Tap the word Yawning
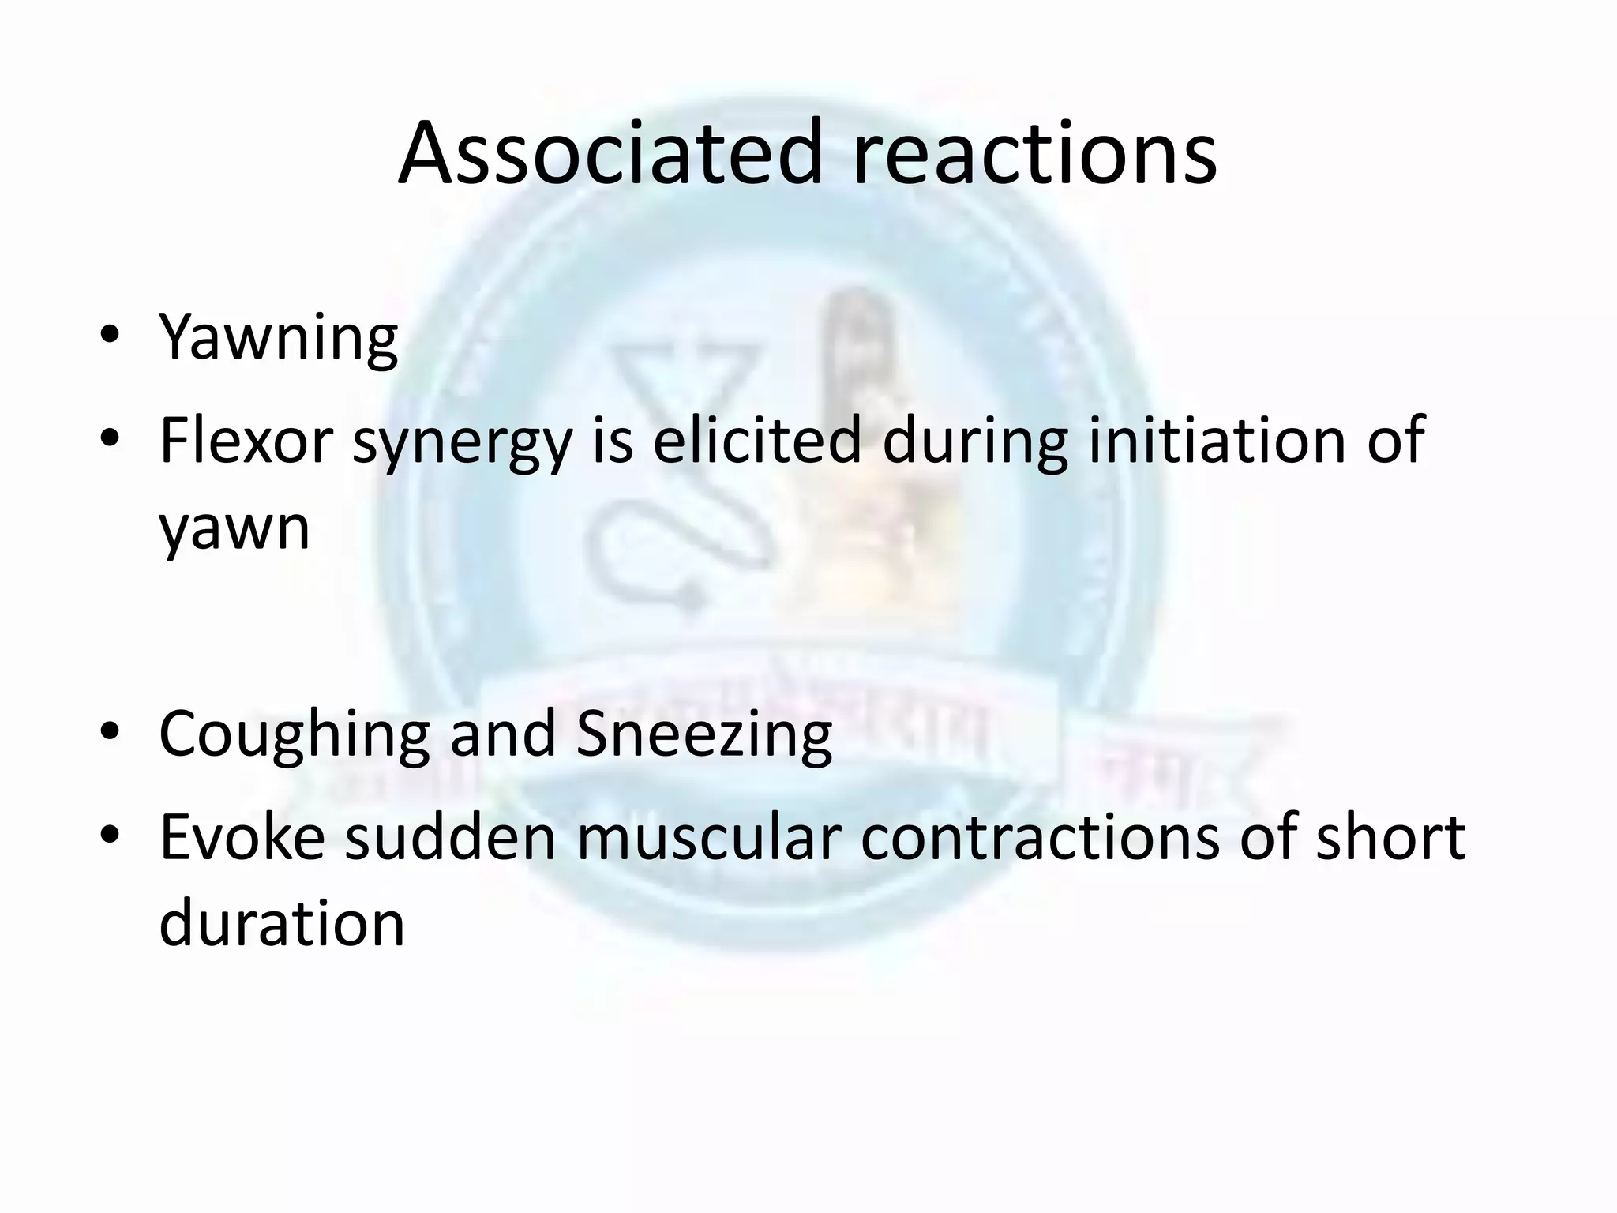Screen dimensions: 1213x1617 coord(278,337)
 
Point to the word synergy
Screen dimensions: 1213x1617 coord(462,442)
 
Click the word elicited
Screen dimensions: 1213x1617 coord(756,440)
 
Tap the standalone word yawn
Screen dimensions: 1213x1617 coord(234,528)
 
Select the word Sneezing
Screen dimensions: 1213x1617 coord(704,734)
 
